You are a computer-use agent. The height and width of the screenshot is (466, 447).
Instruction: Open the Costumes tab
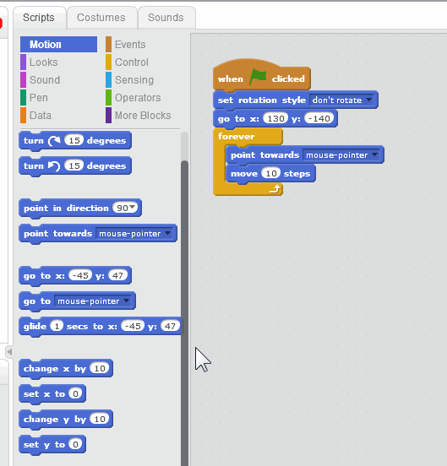coord(101,18)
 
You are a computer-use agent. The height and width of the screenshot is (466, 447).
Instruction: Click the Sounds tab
coord(166,18)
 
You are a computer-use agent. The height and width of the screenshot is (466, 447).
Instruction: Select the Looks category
coord(43,62)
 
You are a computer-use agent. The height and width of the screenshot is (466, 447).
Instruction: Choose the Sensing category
coord(134,80)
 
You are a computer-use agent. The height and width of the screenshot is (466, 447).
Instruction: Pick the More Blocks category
coord(143,116)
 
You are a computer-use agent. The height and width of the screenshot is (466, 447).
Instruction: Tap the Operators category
coord(138,98)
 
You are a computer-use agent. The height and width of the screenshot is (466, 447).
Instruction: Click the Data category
coord(41,116)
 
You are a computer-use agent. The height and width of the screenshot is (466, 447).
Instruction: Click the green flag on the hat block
coord(258,77)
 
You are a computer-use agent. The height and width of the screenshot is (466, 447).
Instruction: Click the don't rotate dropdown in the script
coord(341,100)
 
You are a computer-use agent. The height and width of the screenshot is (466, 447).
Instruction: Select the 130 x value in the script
coord(275,118)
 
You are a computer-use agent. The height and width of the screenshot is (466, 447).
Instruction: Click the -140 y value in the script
coord(319,118)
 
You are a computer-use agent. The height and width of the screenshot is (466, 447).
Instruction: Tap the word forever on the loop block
coord(236,136)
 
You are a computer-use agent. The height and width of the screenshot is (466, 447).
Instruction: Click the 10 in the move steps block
coord(271,173)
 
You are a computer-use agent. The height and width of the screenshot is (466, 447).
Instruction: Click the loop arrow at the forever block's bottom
coord(275,189)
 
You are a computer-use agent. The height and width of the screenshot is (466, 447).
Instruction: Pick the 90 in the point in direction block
coord(125,208)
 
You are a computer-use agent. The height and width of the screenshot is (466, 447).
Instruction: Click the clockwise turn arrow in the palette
coord(54,141)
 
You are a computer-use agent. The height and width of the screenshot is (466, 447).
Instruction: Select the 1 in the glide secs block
coord(57,326)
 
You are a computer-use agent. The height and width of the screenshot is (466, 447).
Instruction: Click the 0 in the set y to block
coord(75,444)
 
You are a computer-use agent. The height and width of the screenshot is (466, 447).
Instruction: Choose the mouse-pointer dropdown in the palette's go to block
coord(93,301)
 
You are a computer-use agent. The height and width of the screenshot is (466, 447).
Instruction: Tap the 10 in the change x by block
coord(100,369)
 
